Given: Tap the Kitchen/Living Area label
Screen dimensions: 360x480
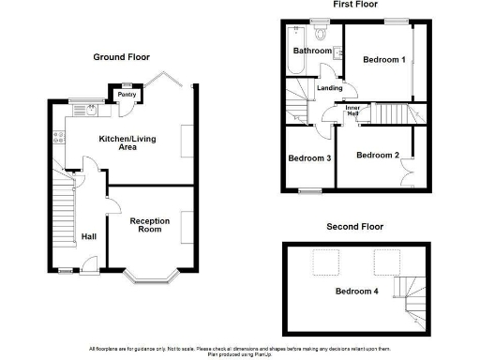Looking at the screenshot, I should coord(127,145).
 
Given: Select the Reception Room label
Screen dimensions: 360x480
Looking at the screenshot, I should coord(150,226).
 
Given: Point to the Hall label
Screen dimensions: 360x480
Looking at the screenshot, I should coord(89,236).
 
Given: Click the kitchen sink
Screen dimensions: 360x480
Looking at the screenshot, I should coord(91,109).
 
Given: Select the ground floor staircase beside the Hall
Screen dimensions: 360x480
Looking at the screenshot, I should coord(63,211).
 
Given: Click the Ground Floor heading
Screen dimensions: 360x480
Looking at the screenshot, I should coord(121,57).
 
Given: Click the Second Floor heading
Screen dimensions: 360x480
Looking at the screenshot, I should coord(354,227).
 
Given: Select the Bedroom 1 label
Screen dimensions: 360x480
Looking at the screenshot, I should coord(383,60).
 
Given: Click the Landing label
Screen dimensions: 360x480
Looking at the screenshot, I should coord(329,88).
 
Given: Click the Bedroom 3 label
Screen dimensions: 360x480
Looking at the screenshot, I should coord(309,157).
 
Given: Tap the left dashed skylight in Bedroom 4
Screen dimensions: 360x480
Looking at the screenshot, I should coord(325,262).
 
